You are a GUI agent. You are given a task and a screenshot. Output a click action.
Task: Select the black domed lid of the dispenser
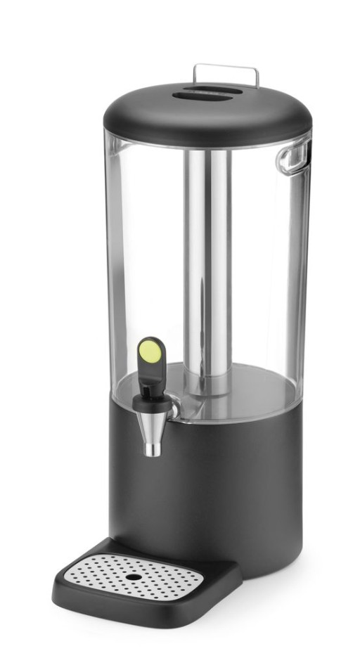click(207, 116)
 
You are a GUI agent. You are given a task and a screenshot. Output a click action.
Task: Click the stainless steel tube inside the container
click(208, 267)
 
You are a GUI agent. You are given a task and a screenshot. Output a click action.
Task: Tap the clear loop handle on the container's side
click(293, 156)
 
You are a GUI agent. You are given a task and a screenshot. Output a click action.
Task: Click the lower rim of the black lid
click(207, 141)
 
